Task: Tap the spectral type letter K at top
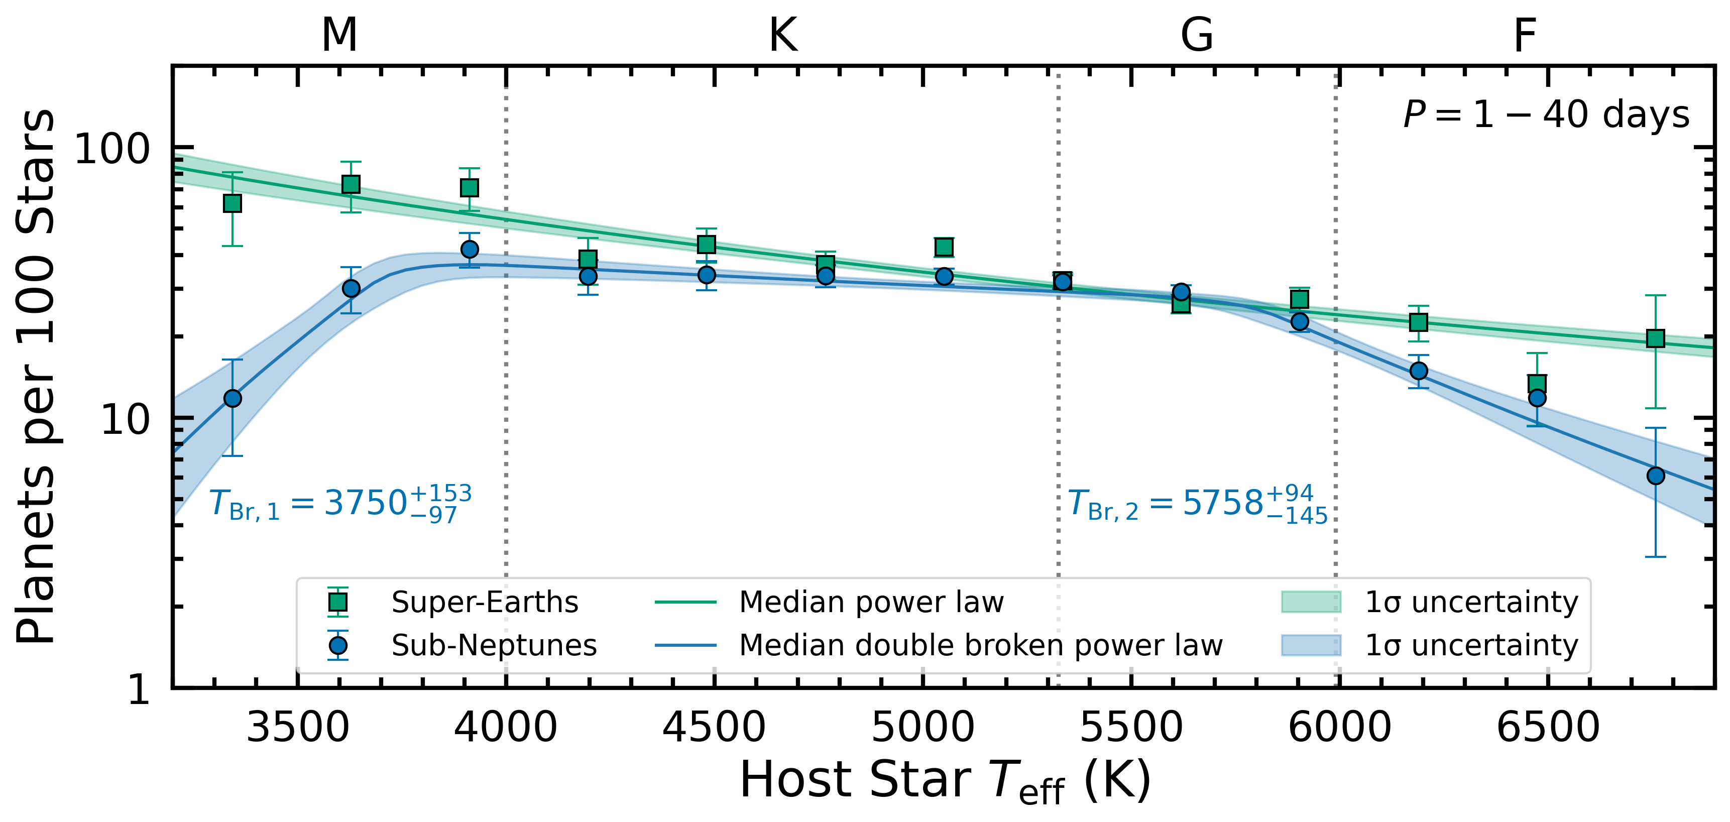(x=783, y=35)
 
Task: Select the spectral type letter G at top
(x=1197, y=35)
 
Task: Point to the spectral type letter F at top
(x=1525, y=35)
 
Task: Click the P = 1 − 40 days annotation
(x=1546, y=115)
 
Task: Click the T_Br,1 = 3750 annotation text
(x=340, y=504)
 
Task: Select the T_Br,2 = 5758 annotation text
(x=1197, y=504)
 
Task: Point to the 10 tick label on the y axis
(x=125, y=420)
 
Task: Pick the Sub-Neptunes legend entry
(x=494, y=645)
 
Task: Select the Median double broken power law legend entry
(x=981, y=645)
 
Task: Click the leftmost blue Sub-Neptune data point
(x=233, y=398)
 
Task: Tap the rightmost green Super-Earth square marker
(x=1656, y=338)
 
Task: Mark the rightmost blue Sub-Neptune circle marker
(x=1656, y=476)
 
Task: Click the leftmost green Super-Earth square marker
(x=233, y=203)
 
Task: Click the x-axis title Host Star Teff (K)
(x=946, y=780)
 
